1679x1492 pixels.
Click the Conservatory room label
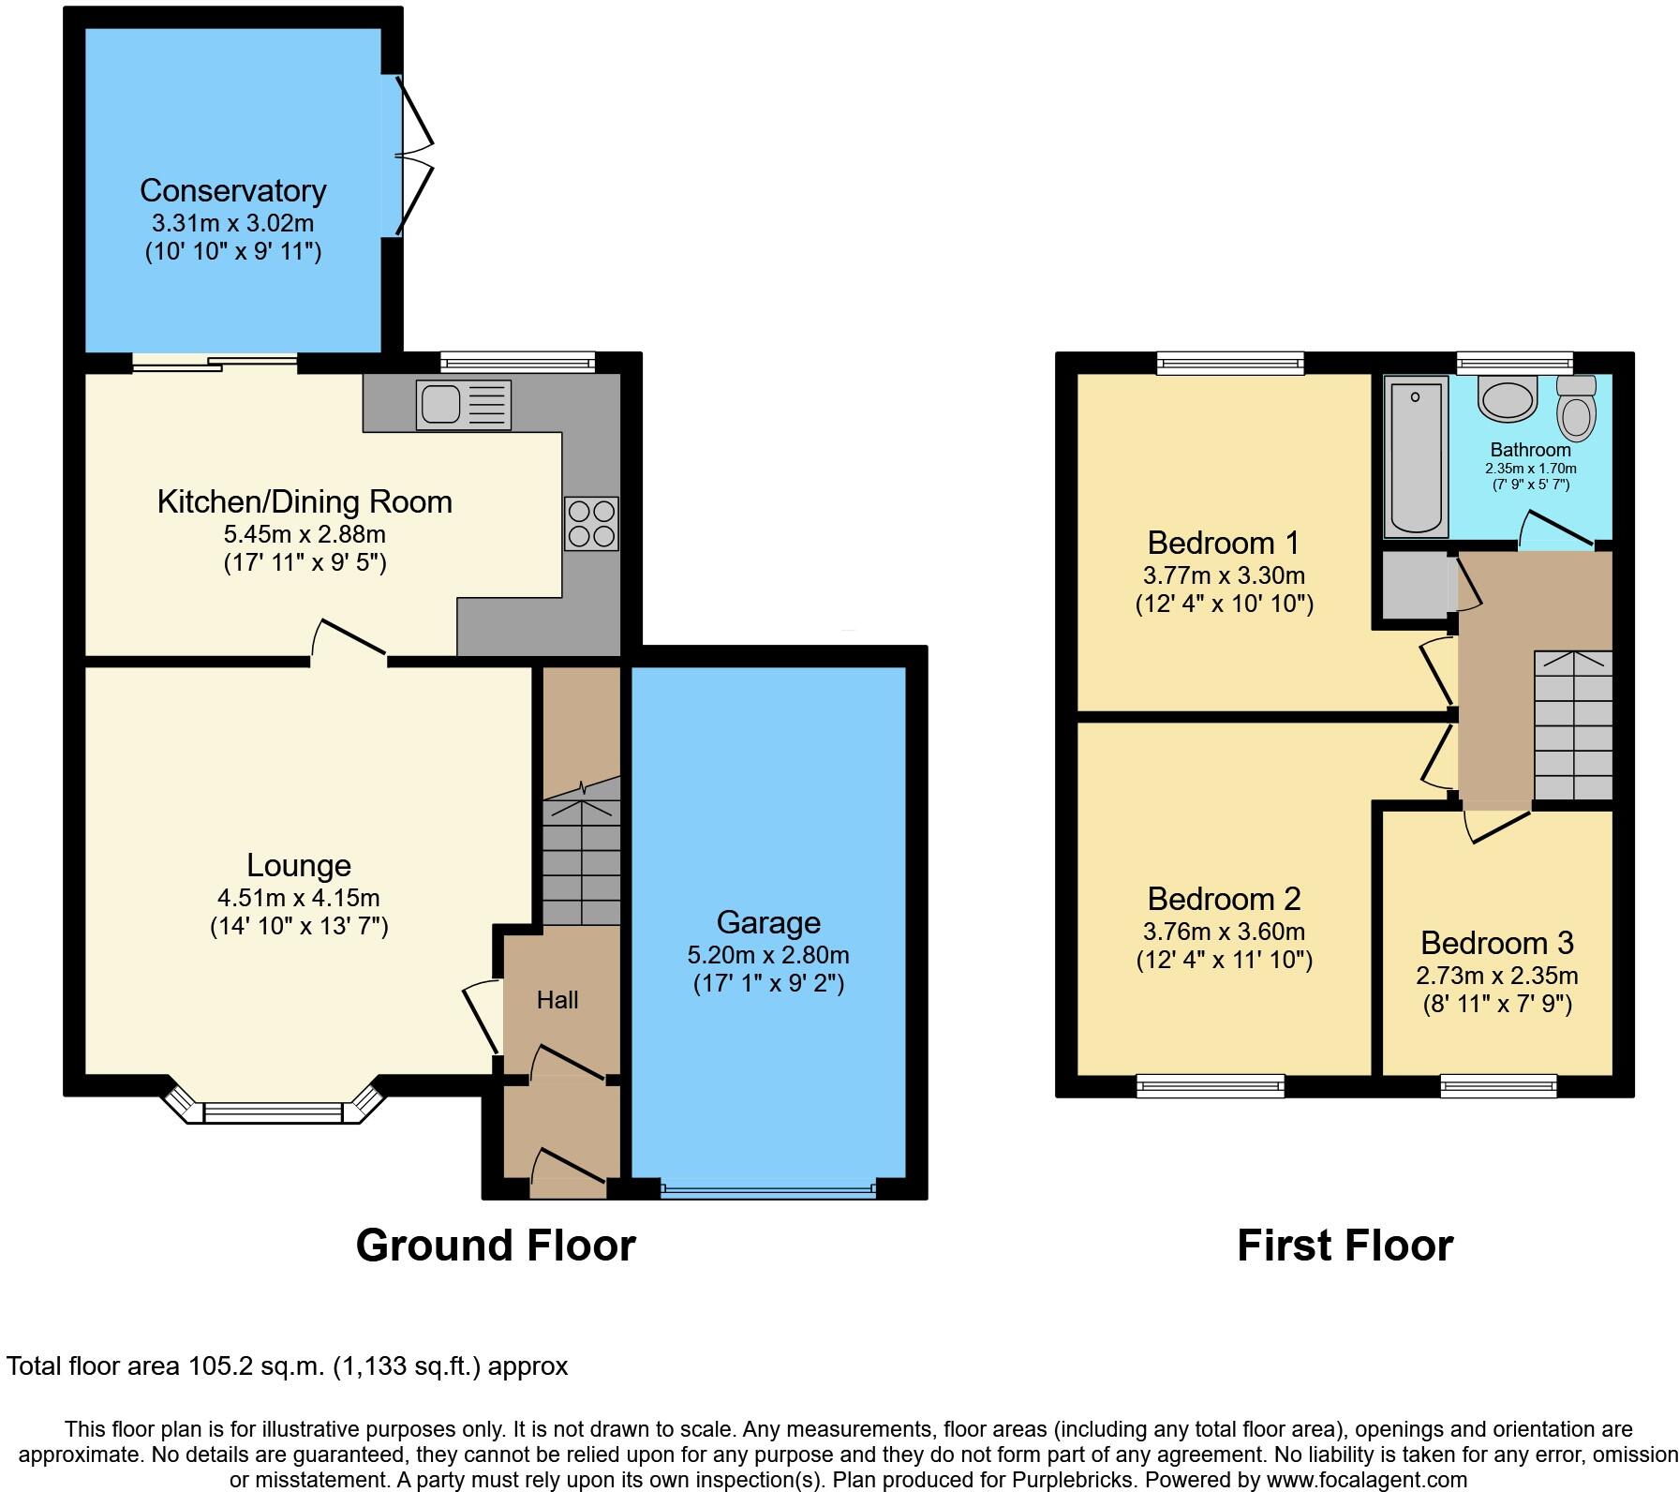232,190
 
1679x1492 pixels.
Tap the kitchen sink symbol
465,405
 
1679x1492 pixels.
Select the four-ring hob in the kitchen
591,523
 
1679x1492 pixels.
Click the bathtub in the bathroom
1415,456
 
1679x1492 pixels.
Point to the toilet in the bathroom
1576,410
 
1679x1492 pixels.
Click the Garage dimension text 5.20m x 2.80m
767,955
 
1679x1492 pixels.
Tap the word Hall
557,1000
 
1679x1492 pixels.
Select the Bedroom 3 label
1496,942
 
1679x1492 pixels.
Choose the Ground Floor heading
496,1246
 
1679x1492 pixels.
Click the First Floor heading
1345,1246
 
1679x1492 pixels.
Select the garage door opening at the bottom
767,1190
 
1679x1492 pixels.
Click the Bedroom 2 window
1210,1085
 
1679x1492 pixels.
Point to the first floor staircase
1572,726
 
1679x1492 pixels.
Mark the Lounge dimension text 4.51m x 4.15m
298,897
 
